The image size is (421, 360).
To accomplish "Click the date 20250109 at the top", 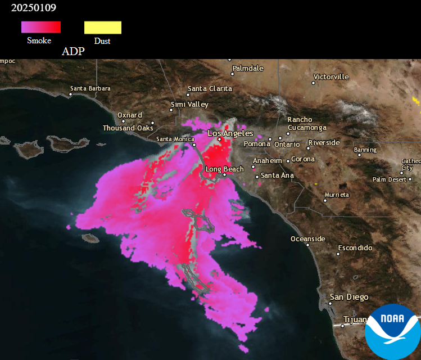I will point(33,8).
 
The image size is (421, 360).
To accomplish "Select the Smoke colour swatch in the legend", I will point(40,27).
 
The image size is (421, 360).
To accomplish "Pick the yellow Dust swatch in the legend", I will point(103,27).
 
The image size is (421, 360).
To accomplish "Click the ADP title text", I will point(73,51).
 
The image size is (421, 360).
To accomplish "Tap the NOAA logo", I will point(392,332).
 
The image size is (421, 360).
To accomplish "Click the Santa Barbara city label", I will point(90,88).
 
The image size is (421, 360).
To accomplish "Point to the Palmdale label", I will point(248,68).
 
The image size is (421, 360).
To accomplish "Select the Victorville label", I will point(331,76).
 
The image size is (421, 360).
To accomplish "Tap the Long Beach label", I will point(224,169).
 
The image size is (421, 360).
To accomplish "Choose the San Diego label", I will point(349,297).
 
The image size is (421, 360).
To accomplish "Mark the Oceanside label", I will point(307,238).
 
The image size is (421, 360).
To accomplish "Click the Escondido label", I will point(355,247).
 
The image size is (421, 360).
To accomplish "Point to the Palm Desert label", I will point(389,179).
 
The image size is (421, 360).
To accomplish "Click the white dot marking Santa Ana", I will point(257,177).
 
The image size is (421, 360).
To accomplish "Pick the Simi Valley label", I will point(189,105).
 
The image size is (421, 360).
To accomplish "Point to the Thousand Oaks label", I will point(128,128).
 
